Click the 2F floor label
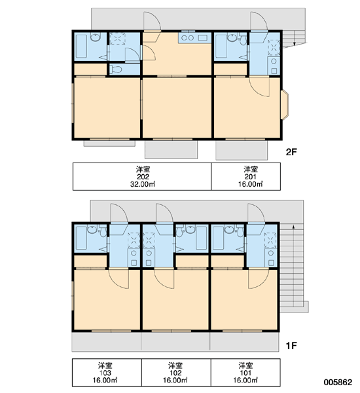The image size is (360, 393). click(291, 152)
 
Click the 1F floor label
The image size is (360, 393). click(291, 346)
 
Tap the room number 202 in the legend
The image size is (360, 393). click(143, 177)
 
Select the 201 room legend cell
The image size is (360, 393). click(245, 176)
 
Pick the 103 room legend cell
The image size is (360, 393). click(107, 373)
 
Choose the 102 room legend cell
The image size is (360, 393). click(176, 373)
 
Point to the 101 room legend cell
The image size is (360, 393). click(245, 373)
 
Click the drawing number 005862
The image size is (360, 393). click(338, 382)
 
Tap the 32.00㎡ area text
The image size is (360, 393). click(143, 184)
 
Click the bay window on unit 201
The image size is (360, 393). click(285, 105)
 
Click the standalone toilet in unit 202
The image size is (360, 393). click(115, 69)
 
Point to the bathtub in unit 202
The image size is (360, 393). click(81, 47)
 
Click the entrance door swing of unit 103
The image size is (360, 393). click(119, 214)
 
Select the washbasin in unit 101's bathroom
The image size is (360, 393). click(229, 229)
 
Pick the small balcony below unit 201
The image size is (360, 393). click(242, 150)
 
